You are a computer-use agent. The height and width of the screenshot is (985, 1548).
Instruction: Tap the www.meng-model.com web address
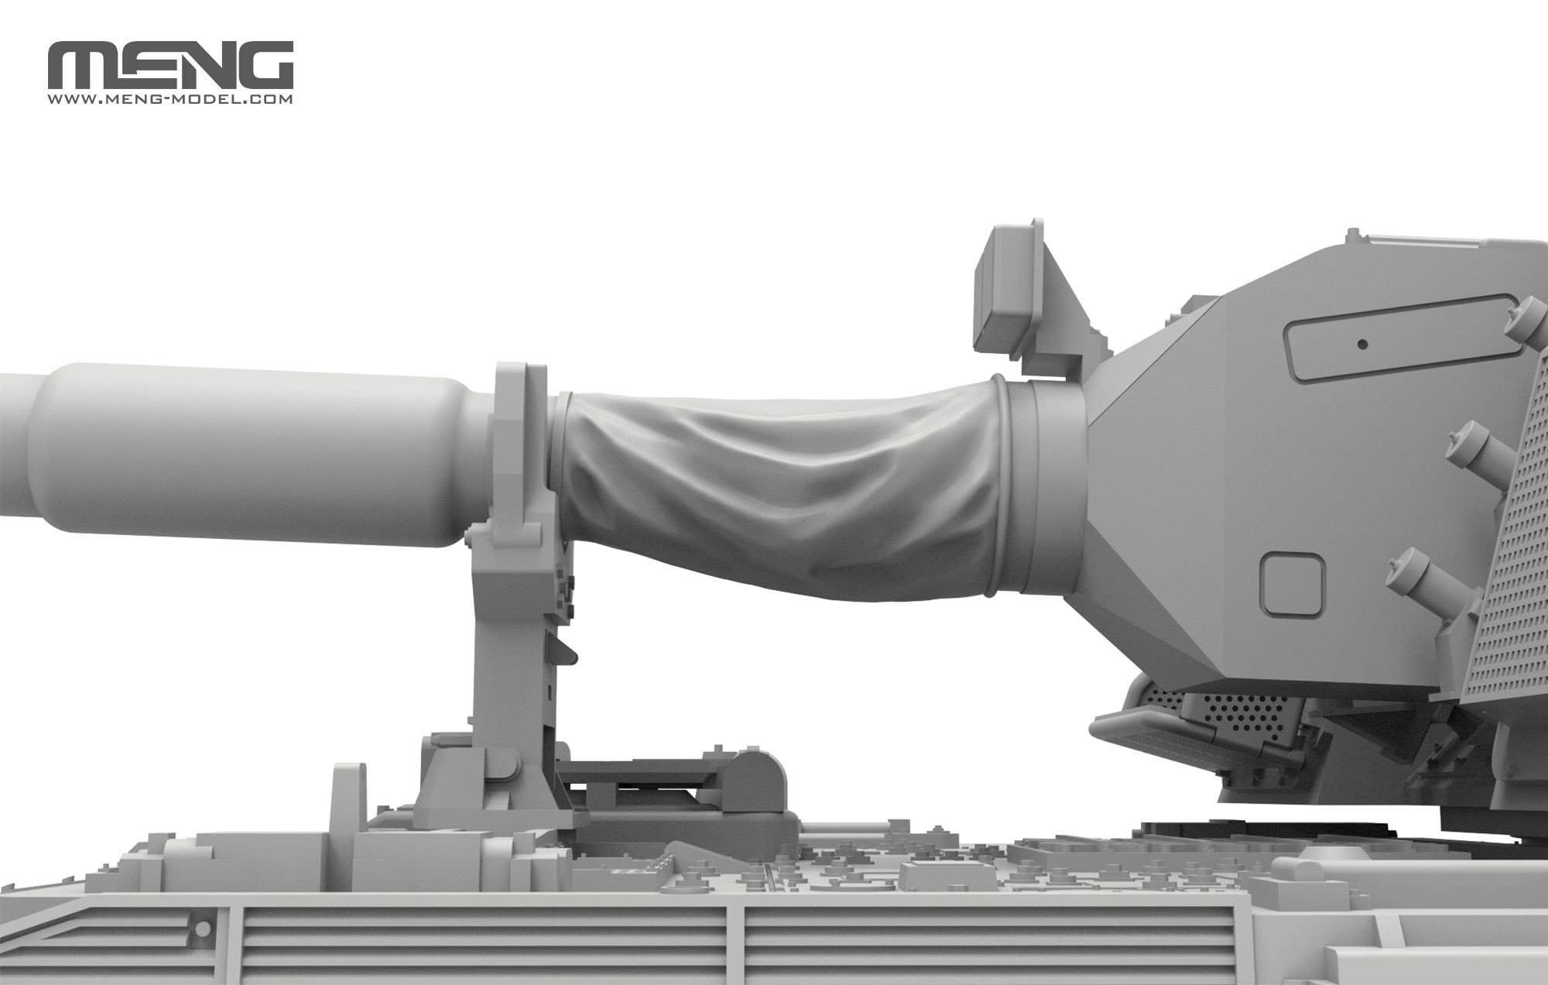170,100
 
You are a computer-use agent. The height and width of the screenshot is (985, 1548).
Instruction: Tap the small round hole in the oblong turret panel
1363,345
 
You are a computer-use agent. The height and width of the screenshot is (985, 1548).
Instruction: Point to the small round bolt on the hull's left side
204,928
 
